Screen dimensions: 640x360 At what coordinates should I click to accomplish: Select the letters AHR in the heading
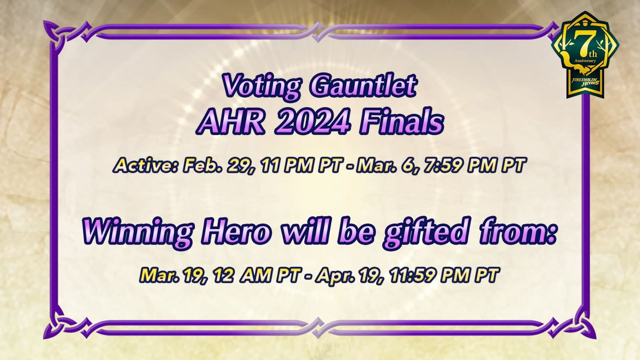[x=233, y=122]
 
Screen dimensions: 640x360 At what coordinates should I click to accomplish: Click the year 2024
[x=312, y=122]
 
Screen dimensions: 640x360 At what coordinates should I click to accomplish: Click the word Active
[x=145, y=165]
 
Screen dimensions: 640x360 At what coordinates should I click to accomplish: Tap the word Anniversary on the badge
[x=585, y=61]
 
